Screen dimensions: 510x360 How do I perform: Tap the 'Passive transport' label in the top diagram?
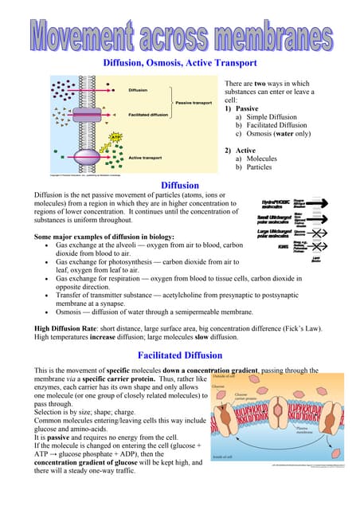pos(193,103)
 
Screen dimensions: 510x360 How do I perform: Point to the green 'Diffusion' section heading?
pos(180,186)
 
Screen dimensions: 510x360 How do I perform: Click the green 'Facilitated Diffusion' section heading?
pos(179,355)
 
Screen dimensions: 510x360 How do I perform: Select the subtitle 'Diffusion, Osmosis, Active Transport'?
pos(180,62)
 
